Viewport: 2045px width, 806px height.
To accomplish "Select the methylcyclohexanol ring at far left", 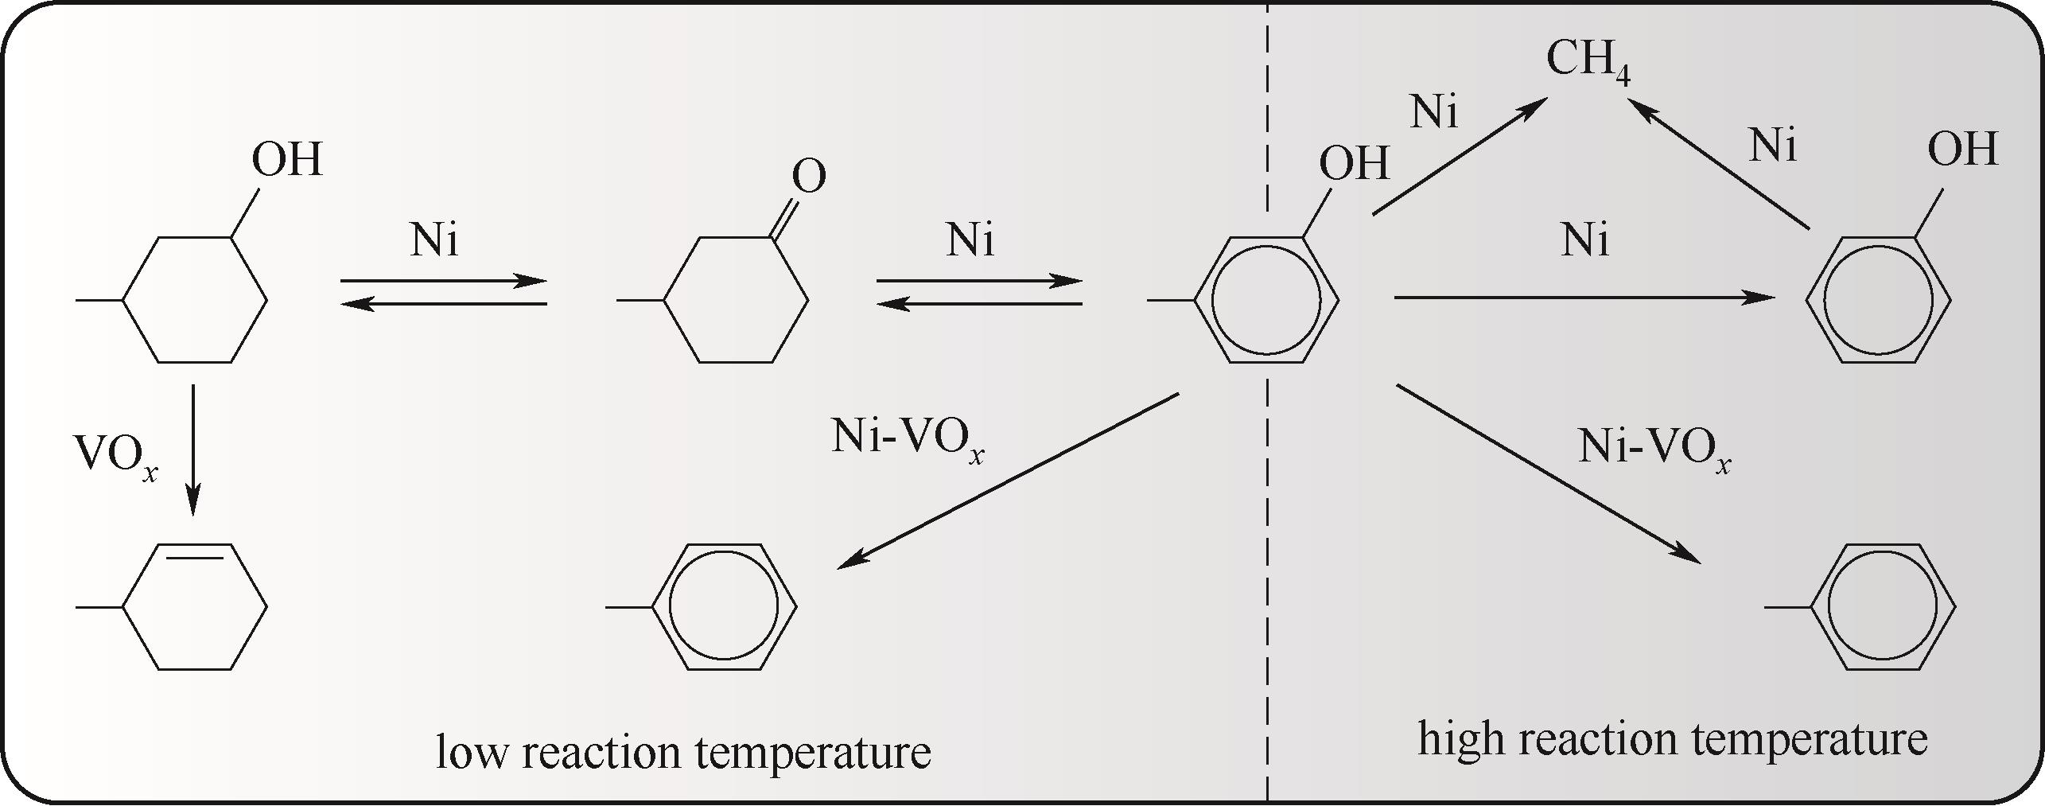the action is (194, 300).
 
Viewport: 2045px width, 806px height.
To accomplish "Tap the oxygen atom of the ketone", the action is (809, 177).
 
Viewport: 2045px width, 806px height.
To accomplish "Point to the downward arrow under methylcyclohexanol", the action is (192, 450).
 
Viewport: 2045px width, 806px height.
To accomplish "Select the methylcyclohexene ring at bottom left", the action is (194, 607).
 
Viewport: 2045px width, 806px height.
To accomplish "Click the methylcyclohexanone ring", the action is (737, 300).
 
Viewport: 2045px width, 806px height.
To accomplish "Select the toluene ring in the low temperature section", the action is (724, 607).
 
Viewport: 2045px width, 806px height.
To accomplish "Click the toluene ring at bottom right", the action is (1883, 607).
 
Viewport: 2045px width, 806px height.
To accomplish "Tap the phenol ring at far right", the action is (1878, 300).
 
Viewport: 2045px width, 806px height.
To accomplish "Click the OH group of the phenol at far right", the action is (1963, 150).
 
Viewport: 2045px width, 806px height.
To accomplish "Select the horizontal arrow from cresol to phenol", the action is (1585, 298).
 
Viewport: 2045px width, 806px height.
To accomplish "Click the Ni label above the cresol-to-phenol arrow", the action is (1585, 240).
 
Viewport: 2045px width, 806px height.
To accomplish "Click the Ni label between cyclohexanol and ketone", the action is (434, 240).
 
